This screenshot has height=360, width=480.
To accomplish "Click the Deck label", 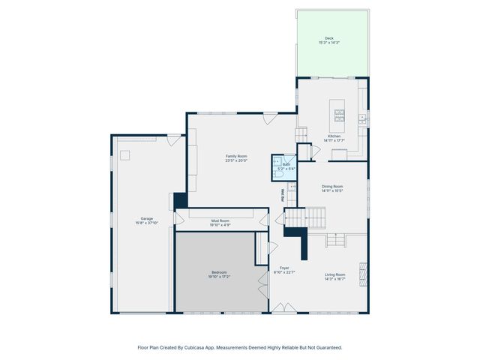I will click(x=328, y=38).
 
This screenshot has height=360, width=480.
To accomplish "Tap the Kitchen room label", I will click(x=332, y=136).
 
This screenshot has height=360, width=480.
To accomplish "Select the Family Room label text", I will click(x=237, y=156).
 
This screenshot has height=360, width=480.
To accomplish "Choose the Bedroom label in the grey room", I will click(x=219, y=272).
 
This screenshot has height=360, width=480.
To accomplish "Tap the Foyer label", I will click(x=284, y=268).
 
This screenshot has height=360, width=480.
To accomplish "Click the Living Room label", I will click(x=334, y=274).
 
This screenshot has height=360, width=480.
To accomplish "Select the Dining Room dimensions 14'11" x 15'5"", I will click(x=332, y=190).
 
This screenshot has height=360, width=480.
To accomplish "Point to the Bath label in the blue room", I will click(x=286, y=165).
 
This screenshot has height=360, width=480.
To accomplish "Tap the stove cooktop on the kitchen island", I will click(x=339, y=115).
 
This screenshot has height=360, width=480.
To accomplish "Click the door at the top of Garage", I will click(x=173, y=139).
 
